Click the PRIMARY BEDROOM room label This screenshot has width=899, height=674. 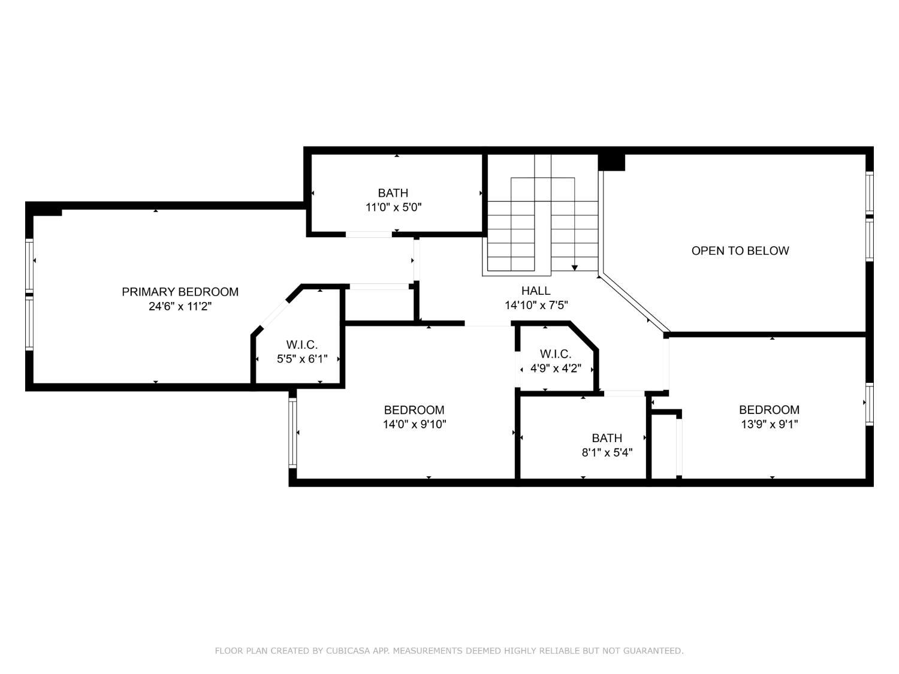(x=180, y=292)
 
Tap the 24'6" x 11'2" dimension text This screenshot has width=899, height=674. (x=180, y=306)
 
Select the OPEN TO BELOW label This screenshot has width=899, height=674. (x=740, y=250)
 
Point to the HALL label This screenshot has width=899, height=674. (x=536, y=291)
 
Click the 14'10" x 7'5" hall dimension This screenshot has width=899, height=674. (x=536, y=306)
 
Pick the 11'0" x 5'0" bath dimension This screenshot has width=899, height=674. (x=393, y=207)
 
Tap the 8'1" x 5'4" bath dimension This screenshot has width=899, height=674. (x=607, y=452)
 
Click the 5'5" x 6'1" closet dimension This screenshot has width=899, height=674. (x=302, y=359)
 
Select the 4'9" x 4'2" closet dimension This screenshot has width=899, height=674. (x=556, y=368)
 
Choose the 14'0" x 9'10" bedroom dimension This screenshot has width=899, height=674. (x=414, y=424)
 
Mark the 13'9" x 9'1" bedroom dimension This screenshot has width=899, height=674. (x=769, y=424)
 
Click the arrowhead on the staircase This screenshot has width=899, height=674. (x=574, y=268)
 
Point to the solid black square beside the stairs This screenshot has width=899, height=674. (x=611, y=162)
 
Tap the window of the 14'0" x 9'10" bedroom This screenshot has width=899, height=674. (x=292, y=433)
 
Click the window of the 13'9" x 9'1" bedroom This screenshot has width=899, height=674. (x=869, y=404)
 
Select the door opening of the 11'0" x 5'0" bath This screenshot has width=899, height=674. (x=369, y=234)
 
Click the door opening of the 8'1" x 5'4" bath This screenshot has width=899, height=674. (x=624, y=394)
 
